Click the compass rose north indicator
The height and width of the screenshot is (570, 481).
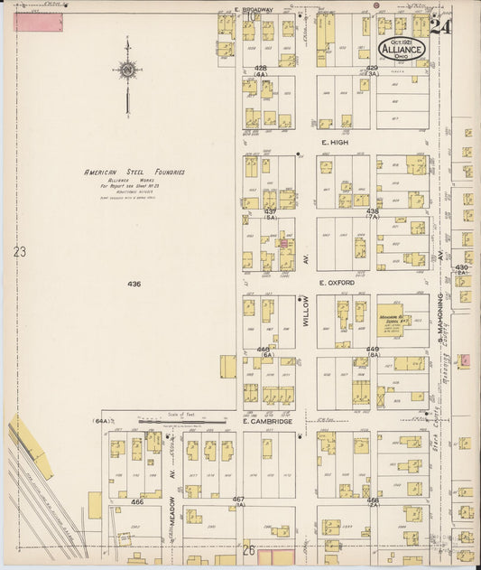click(x=126, y=71)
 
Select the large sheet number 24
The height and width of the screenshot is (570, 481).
click(x=440, y=26)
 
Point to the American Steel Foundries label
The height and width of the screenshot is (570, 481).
click(x=134, y=172)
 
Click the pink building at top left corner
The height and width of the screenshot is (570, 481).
click(x=38, y=22)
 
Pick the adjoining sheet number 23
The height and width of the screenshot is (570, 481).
click(x=20, y=252)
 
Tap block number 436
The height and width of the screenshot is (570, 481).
click(x=134, y=284)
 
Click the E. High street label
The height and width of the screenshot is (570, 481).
click(x=334, y=142)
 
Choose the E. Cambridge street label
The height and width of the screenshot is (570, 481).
click(x=267, y=422)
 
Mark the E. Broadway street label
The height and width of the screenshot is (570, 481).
click(x=248, y=9)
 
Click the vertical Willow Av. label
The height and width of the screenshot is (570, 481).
click(x=306, y=309)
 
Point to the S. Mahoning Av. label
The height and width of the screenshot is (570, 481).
click(x=441, y=316)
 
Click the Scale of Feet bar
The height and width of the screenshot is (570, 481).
click(x=181, y=420)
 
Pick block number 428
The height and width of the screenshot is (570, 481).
click(x=261, y=68)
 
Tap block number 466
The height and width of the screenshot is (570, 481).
click(x=137, y=500)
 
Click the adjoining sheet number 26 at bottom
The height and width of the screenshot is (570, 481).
click(x=248, y=547)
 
